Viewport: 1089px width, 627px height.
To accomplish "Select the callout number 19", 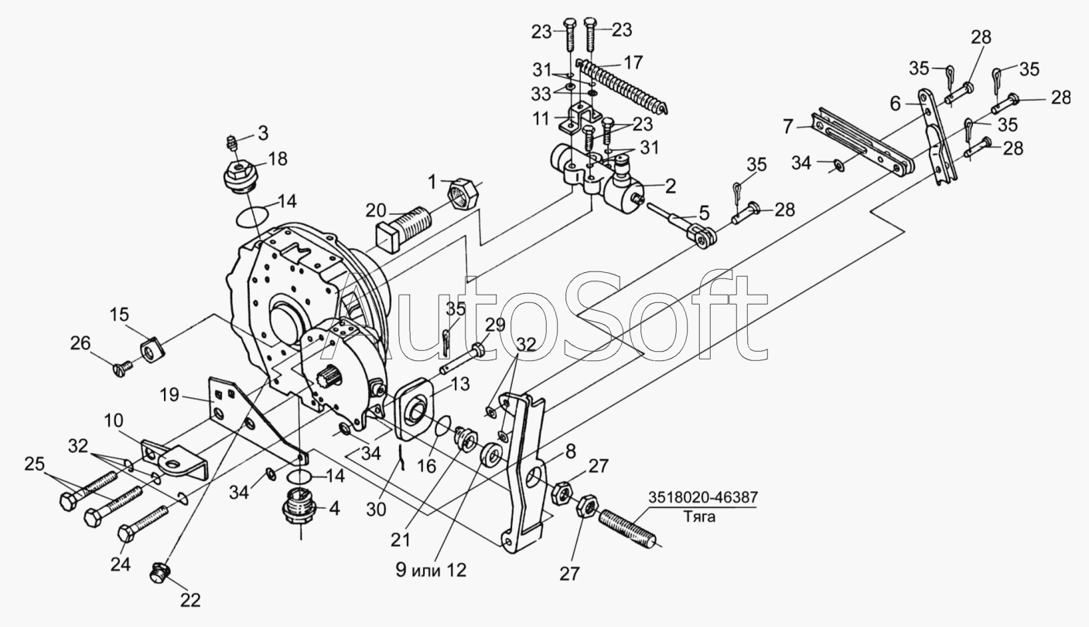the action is point(170,396).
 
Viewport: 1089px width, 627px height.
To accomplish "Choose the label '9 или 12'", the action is point(432,571).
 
